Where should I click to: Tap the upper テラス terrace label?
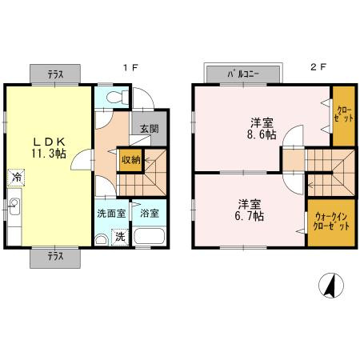(55, 74)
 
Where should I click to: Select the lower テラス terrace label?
(55, 257)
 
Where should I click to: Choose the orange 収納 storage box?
(130, 159)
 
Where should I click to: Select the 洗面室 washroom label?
(110, 214)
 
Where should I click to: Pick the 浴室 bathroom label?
(149, 214)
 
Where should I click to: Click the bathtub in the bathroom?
(149, 238)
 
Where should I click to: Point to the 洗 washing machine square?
(120, 237)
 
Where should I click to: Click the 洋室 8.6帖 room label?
(261, 129)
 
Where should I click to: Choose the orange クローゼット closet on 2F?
(342, 115)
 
